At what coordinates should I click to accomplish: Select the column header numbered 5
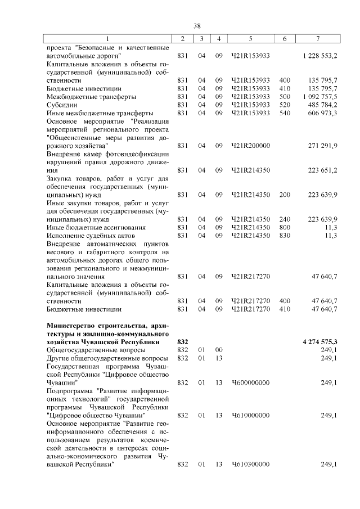[250, 38]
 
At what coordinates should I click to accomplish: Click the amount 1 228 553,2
[319, 56]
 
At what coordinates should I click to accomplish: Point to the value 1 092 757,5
[319, 97]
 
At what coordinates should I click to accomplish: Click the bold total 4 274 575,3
[318, 342]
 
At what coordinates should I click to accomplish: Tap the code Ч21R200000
[251, 146]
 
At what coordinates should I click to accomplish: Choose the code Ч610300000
[251, 464]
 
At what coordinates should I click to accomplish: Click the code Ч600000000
[251, 382]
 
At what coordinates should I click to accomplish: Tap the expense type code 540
[285, 113]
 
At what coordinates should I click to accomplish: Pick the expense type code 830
[285, 235]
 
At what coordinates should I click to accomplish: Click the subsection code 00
[219, 350]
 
